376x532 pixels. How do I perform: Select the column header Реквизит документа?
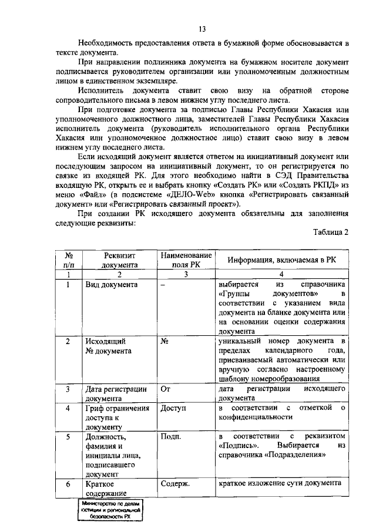119,260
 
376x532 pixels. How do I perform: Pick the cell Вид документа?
111,285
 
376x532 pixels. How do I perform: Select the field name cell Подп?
170,437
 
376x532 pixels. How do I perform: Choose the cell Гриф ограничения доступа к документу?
116,417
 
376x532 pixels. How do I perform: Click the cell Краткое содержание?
108,489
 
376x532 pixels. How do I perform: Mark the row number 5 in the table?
68,437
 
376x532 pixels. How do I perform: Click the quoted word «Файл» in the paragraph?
105,194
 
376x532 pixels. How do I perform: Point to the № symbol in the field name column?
164,341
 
